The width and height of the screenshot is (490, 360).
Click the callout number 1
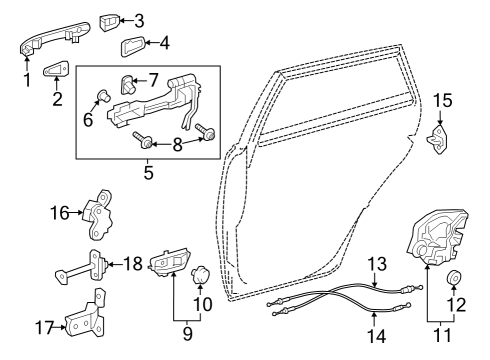point(27,76)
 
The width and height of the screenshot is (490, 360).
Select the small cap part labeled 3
point(110,20)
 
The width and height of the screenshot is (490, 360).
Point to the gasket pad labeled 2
point(57,71)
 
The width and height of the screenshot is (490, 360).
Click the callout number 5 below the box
point(147,172)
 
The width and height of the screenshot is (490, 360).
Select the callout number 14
point(376,337)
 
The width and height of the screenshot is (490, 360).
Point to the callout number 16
point(60,212)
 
